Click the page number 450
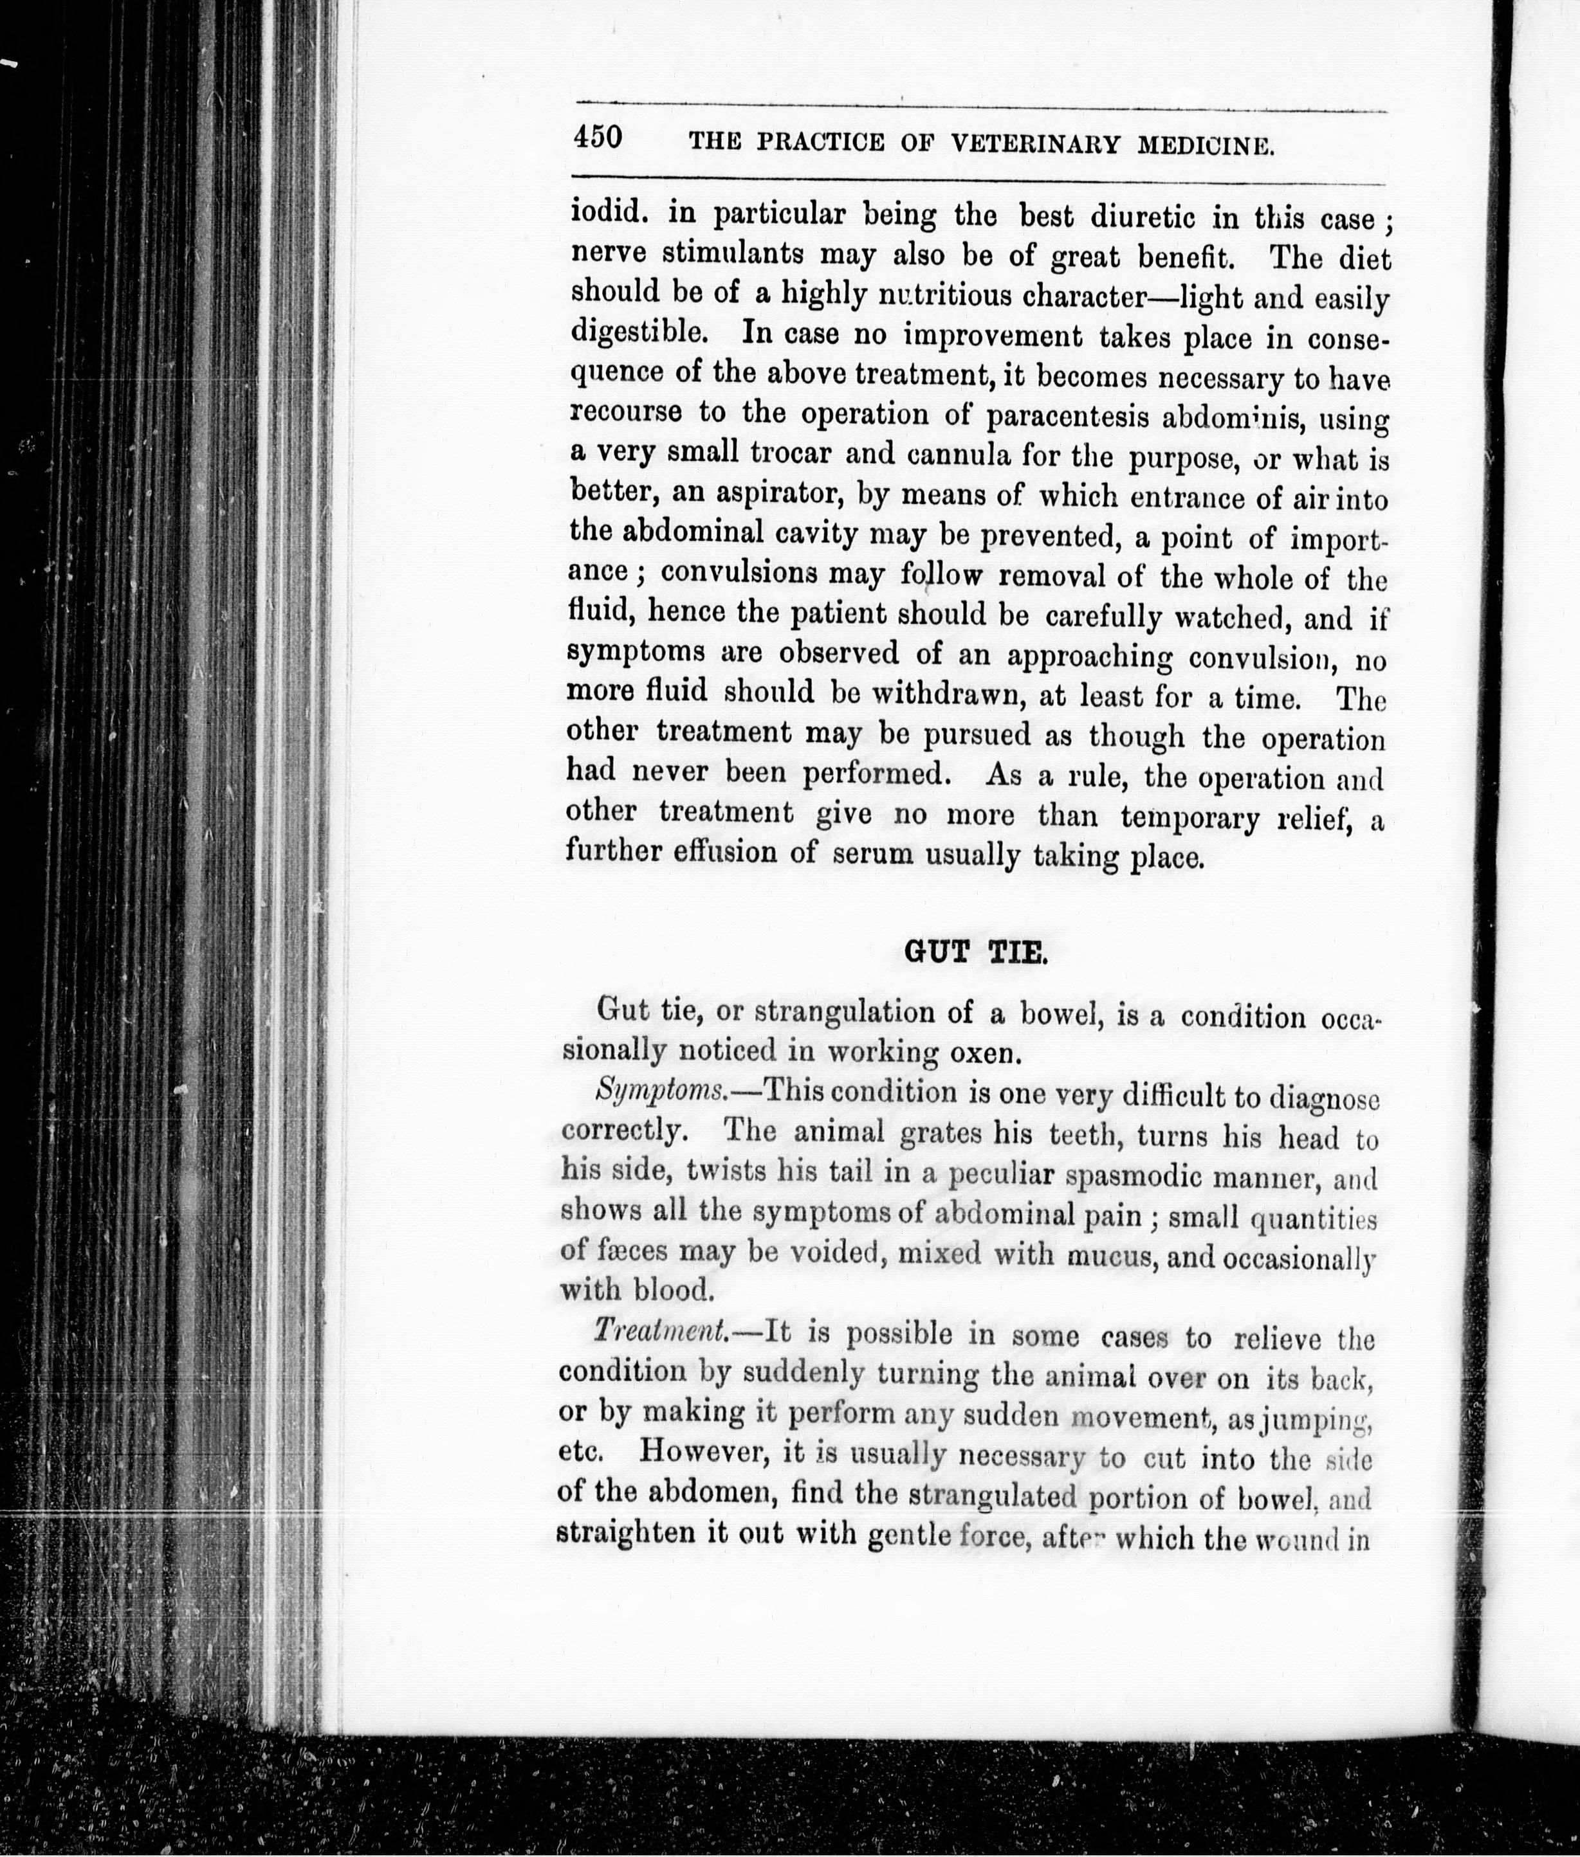pos(598,137)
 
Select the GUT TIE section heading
pos(975,951)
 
